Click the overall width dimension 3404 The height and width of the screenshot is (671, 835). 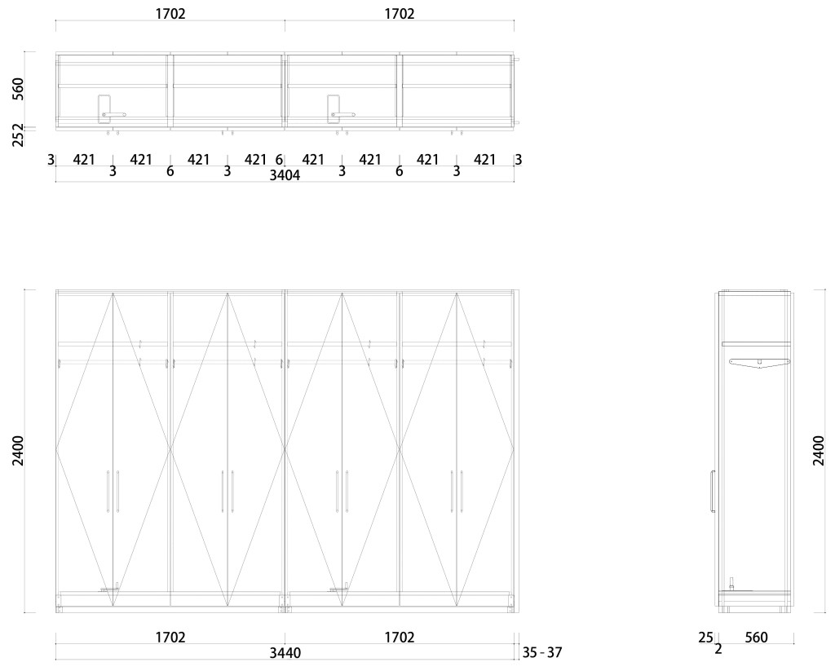(x=285, y=174)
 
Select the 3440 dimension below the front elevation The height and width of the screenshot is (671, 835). (x=285, y=652)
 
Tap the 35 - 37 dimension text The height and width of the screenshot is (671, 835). (x=542, y=652)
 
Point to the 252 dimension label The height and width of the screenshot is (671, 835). (x=19, y=135)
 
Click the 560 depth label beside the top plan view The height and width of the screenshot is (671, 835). (x=19, y=89)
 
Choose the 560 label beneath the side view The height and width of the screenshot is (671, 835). (x=756, y=638)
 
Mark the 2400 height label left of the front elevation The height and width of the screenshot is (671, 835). (x=19, y=451)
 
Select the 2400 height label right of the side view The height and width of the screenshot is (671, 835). (x=819, y=451)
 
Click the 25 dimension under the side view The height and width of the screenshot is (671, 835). (x=706, y=638)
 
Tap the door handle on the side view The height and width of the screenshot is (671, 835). (x=712, y=492)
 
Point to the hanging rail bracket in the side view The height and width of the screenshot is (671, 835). (x=759, y=364)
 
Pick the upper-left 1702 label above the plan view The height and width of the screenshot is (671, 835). (x=170, y=14)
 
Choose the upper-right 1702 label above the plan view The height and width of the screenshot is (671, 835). (x=400, y=14)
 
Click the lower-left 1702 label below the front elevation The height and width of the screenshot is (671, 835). (x=170, y=638)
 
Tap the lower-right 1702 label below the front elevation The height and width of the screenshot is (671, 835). (x=400, y=638)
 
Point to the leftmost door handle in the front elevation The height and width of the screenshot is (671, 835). (x=108, y=491)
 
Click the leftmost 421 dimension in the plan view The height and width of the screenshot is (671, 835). (x=85, y=160)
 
